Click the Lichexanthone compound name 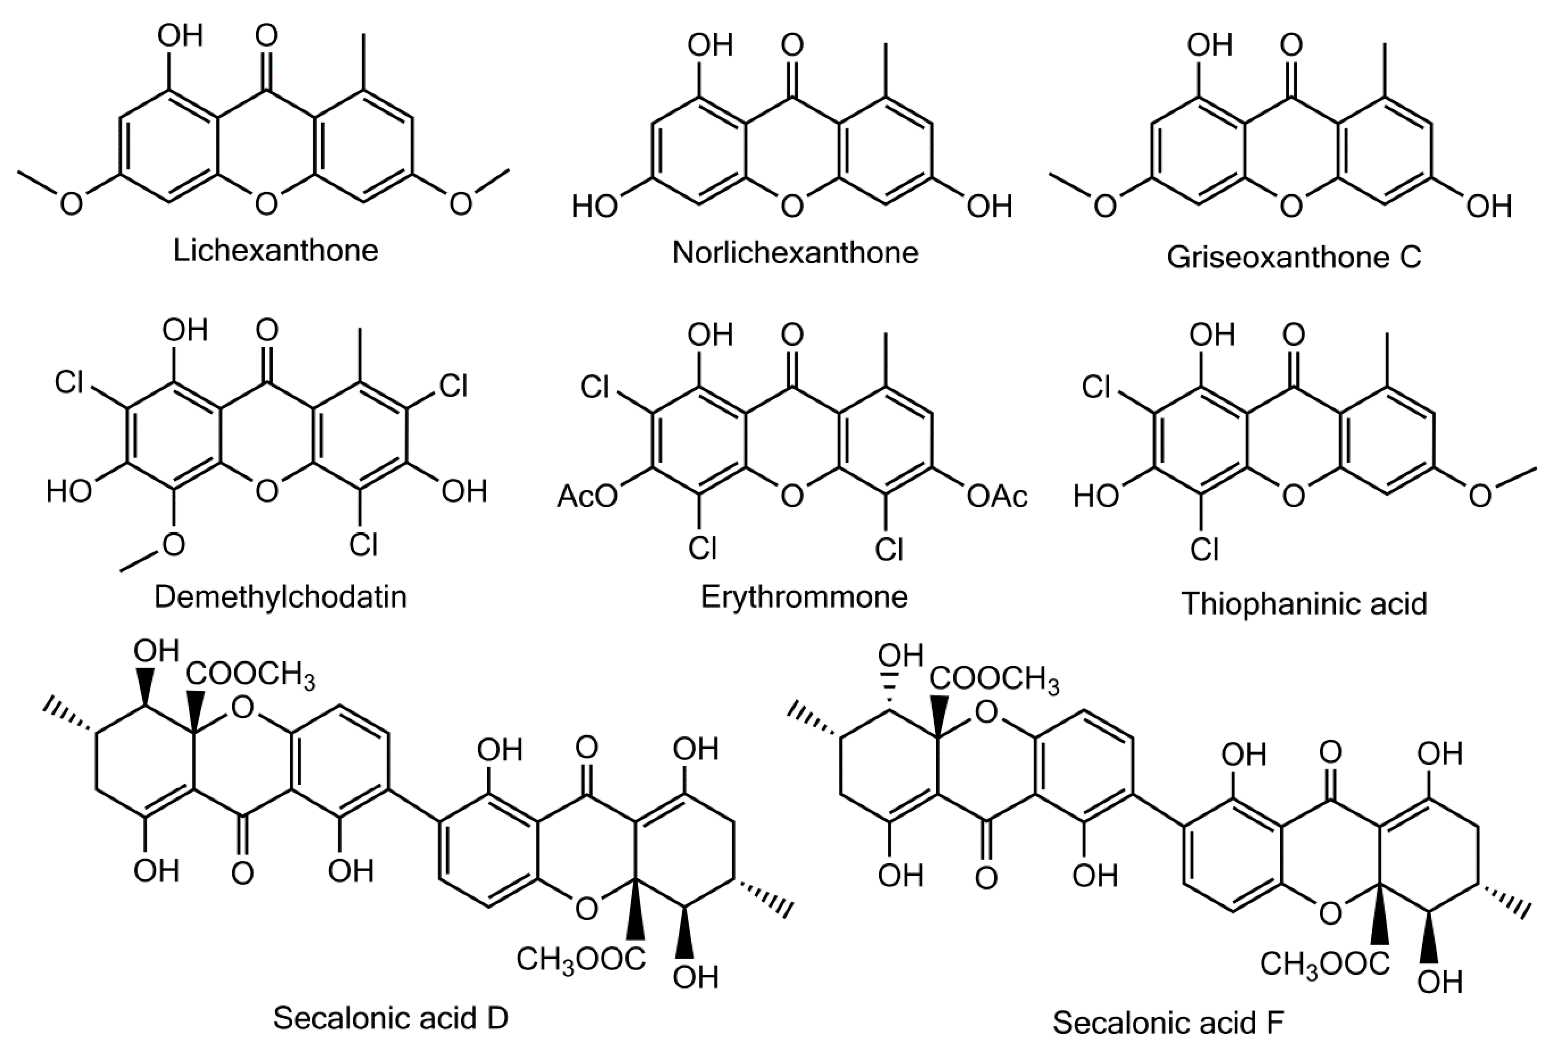(x=276, y=251)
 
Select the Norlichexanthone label (x=795, y=253)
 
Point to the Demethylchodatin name (x=281, y=596)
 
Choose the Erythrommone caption (x=804, y=596)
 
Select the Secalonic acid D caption (x=391, y=1018)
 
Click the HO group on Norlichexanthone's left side (x=595, y=207)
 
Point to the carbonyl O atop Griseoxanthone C (x=1291, y=45)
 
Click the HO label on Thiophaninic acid (x=1097, y=496)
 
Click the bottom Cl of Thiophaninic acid (x=1204, y=549)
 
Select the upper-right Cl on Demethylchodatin (x=454, y=385)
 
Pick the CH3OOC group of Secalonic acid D (x=581, y=958)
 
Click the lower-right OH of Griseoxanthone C (x=1488, y=207)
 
